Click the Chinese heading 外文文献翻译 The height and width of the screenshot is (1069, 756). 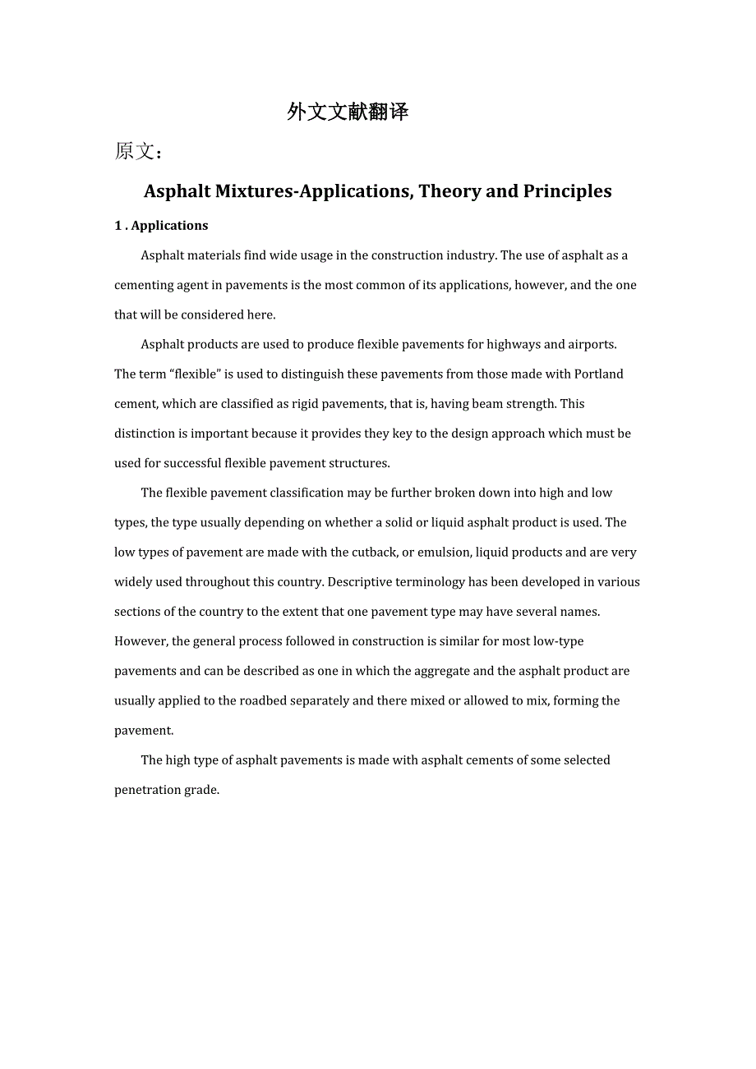(x=348, y=112)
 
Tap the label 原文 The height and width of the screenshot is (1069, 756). (x=136, y=152)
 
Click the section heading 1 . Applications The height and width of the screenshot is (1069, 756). (x=161, y=226)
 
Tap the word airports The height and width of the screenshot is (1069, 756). (x=591, y=345)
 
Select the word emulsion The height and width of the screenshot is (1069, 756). (x=442, y=553)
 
